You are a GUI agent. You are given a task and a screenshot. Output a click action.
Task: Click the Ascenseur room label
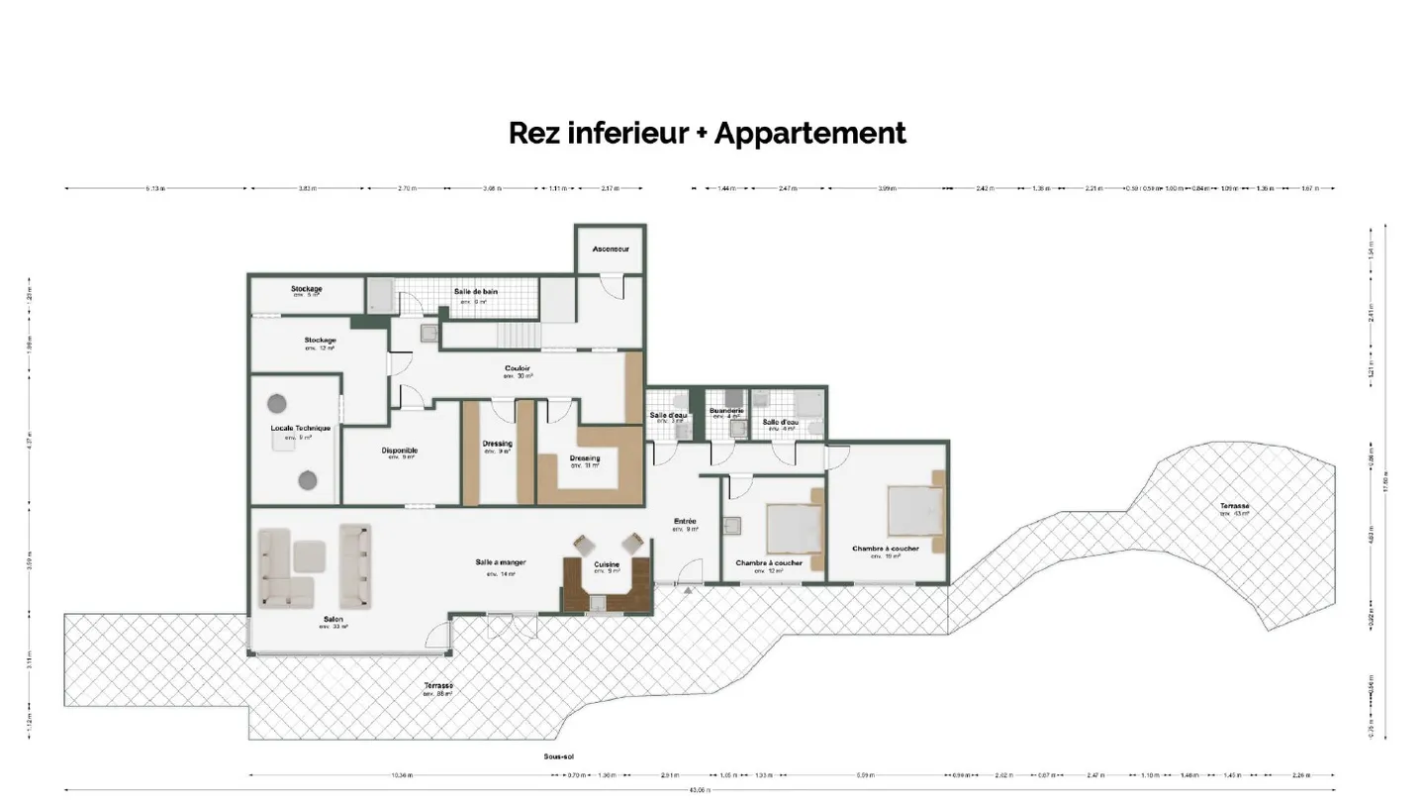tap(611, 249)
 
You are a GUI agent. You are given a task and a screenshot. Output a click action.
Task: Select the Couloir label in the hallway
tap(518, 368)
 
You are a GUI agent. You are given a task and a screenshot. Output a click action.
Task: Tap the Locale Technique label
tap(300, 429)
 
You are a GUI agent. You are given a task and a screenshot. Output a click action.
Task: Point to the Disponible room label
tap(399, 451)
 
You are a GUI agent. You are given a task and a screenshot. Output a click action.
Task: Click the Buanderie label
tap(726, 410)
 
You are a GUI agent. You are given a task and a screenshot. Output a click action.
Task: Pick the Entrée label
tap(685, 521)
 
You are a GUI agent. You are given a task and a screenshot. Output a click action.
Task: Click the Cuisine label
tap(607, 564)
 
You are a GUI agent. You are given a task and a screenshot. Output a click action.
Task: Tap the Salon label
tap(332, 620)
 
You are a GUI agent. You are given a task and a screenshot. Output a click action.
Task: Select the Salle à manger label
tap(500, 562)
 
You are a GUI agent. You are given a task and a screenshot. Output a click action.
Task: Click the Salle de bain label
tap(476, 291)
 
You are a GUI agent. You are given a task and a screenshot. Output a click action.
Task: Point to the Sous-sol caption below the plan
tap(558, 756)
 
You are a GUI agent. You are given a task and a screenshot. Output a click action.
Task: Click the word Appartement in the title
tap(809, 133)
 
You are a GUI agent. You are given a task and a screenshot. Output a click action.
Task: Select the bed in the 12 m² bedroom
tap(794, 527)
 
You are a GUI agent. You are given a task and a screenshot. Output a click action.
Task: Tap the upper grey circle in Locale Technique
tap(276, 403)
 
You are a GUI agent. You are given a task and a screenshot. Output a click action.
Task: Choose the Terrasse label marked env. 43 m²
tap(1234, 507)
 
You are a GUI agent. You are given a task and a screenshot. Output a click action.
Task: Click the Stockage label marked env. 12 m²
tap(320, 341)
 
